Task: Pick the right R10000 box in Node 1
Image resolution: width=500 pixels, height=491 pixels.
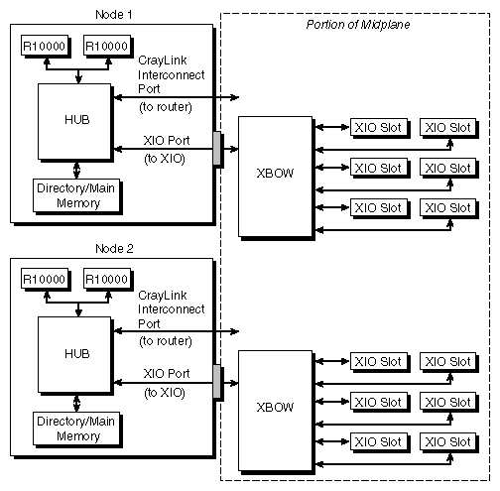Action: [x=106, y=46]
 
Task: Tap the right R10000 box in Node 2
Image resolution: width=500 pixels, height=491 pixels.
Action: [x=106, y=279]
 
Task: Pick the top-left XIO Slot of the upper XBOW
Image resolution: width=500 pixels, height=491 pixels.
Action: [x=376, y=127]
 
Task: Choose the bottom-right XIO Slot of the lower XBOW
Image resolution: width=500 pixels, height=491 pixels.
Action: [x=447, y=440]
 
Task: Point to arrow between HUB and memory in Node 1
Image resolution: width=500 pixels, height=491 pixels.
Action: [x=77, y=170]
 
